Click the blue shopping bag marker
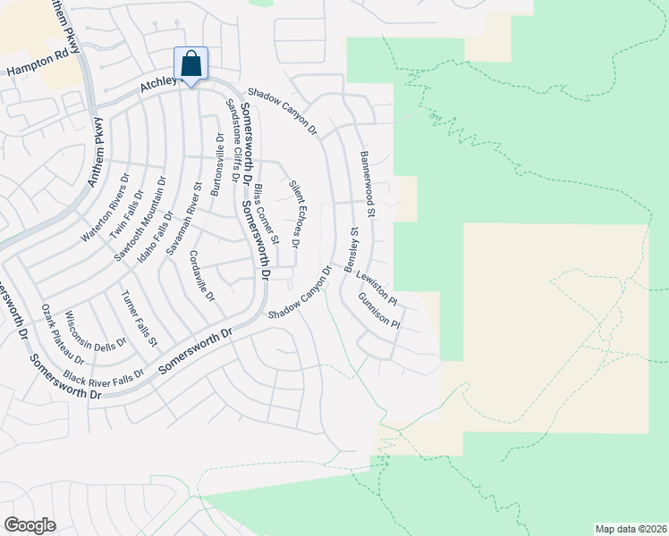tap(191, 64)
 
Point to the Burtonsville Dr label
tap(216, 165)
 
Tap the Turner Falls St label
tap(140, 318)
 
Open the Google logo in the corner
tap(30, 524)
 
